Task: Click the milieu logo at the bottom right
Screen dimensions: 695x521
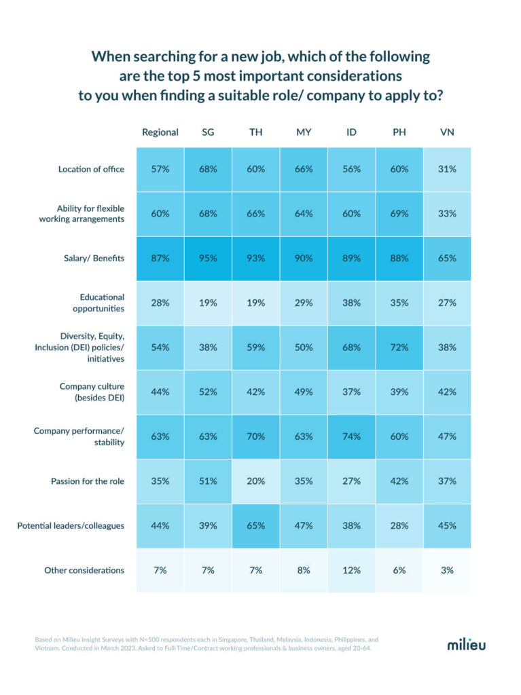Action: click(466, 644)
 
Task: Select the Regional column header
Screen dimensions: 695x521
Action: click(160, 132)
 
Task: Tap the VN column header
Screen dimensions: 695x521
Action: click(447, 132)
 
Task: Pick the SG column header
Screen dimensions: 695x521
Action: click(208, 132)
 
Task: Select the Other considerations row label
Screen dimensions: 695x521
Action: click(84, 570)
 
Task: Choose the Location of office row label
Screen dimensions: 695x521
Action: click(91, 169)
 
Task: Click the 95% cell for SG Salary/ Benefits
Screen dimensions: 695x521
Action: click(208, 259)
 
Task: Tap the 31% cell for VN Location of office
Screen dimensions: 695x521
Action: click(447, 169)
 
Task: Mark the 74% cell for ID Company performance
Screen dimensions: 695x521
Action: click(351, 436)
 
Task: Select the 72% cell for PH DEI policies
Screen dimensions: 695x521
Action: click(399, 347)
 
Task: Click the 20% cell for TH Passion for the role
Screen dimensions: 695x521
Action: click(255, 481)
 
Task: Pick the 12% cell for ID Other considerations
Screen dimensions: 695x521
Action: click(351, 570)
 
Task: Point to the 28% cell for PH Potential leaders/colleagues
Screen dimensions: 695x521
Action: click(399, 525)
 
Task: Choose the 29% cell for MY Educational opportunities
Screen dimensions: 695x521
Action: click(304, 303)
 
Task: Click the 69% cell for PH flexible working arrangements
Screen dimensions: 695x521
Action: click(399, 214)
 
